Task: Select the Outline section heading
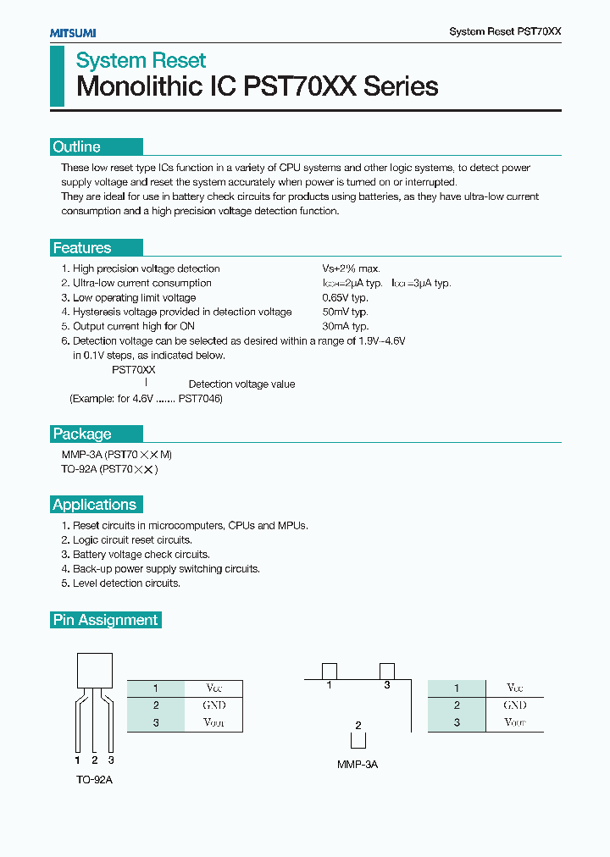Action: [x=77, y=147]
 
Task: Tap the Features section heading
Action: [x=82, y=248]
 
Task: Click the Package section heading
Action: [x=82, y=434]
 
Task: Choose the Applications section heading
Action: [x=94, y=505]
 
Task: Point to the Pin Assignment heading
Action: [x=106, y=620]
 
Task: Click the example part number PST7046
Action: [x=200, y=398]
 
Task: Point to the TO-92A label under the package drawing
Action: [x=93, y=779]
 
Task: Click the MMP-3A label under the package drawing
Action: [x=358, y=765]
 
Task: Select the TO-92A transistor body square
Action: [x=94, y=671]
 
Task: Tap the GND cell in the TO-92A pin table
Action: [x=214, y=705]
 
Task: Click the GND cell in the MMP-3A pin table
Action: [x=514, y=705]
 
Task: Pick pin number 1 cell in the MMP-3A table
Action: [x=457, y=688]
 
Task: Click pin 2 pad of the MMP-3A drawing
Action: [x=358, y=739]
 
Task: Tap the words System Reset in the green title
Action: [x=141, y=61]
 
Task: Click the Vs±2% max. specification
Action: [x=350, y=268]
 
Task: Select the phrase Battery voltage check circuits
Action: [x=141, y=554]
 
